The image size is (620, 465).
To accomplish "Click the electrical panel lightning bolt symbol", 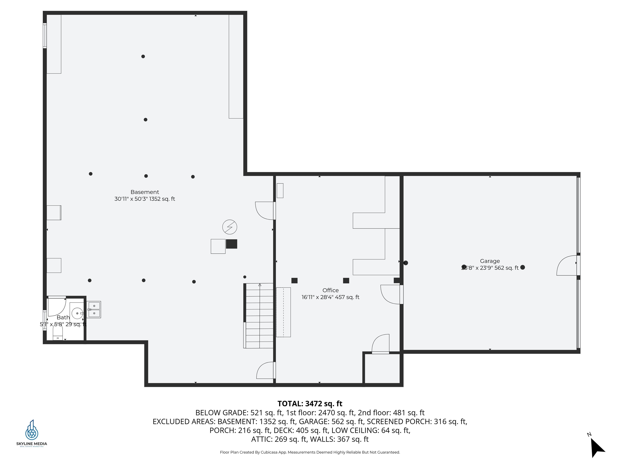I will [229, 227].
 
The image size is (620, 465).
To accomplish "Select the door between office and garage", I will [392, 294].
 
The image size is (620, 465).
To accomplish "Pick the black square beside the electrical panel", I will [231, 244].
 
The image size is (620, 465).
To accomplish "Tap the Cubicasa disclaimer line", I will [310, 452].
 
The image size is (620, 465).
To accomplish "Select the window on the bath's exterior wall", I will [45, 320].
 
